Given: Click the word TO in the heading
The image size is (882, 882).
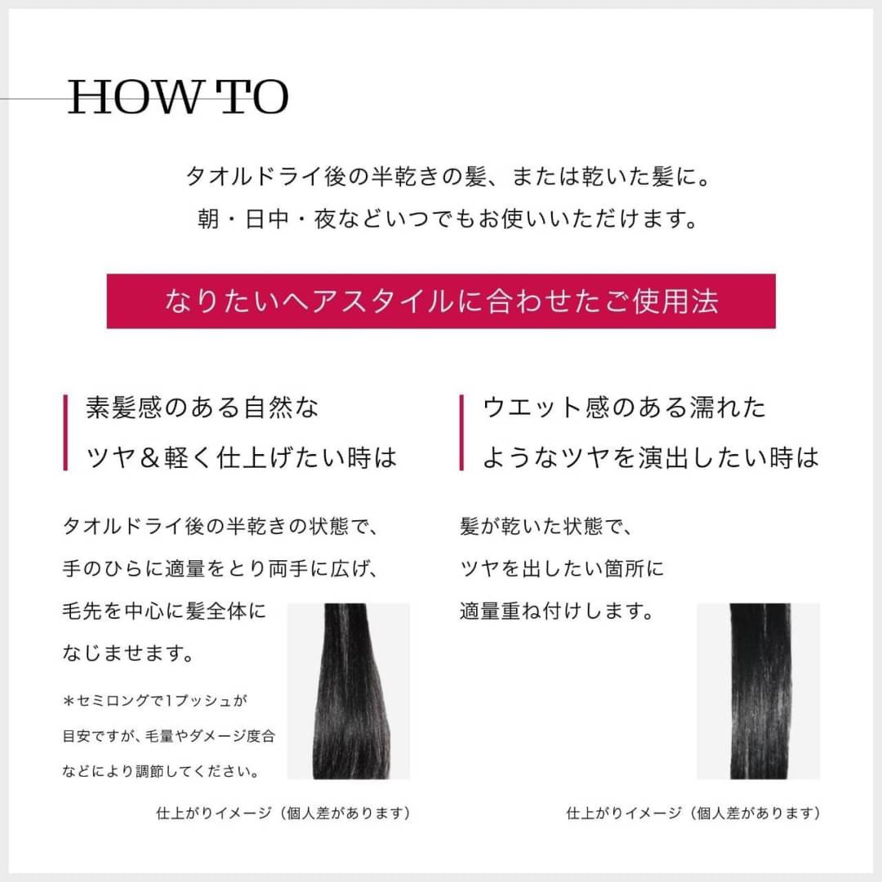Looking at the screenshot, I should [x=256, y=98].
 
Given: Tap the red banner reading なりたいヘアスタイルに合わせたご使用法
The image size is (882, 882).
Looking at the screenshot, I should [x=441, y=301].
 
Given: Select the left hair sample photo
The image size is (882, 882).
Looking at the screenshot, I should [x=349, y=691].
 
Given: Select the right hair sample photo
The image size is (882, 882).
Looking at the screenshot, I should [x=758, y=691].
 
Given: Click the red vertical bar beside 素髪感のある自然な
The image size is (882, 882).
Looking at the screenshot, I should [x=65, y=432].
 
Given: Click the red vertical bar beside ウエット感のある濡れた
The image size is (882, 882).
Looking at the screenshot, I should [x=461, y=432].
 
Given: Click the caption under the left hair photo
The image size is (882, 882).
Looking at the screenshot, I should [x=283, y=813].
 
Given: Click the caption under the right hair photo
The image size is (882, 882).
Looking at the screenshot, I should [x=693, y=813].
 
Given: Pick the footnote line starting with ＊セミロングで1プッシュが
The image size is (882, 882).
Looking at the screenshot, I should [x=154, y=701].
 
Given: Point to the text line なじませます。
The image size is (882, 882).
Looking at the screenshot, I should [x=128, y=653].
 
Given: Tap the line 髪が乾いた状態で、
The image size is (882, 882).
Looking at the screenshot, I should [x=546, y=527].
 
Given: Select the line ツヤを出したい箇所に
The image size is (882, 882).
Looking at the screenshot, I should [x=563, y=569].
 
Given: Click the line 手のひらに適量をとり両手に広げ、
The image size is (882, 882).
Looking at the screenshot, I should [x=221, y=569].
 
